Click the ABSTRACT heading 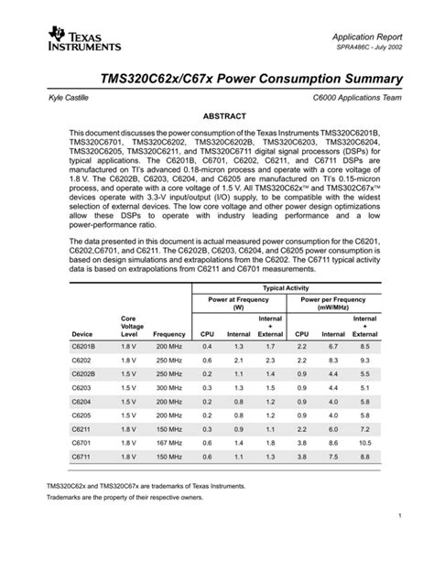(217, 118)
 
